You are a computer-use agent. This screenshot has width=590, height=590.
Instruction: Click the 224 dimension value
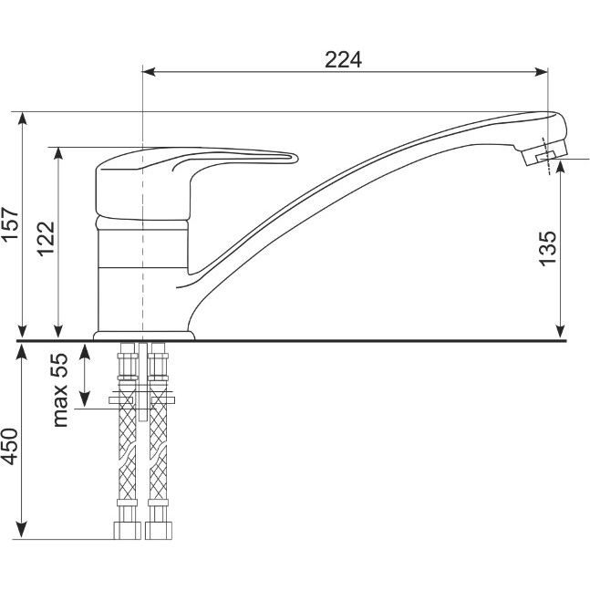coord(343,60)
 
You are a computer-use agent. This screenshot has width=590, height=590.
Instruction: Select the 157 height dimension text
coord(10,223)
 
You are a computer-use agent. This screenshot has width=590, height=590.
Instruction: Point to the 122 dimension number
coord(46,239)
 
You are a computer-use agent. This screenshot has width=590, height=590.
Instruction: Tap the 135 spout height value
coord(547,249)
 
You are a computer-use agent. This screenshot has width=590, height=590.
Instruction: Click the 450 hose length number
coord(9,447)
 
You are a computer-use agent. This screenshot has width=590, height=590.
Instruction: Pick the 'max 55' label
coord(59,389)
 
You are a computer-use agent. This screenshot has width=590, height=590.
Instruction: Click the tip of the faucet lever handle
coord(296,158)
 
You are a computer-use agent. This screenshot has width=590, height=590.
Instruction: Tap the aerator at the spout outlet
coord(544,154)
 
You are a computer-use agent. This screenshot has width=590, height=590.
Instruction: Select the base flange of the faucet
coord(144,336)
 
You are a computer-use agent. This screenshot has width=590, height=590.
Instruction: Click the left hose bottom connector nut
coord(127,531)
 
